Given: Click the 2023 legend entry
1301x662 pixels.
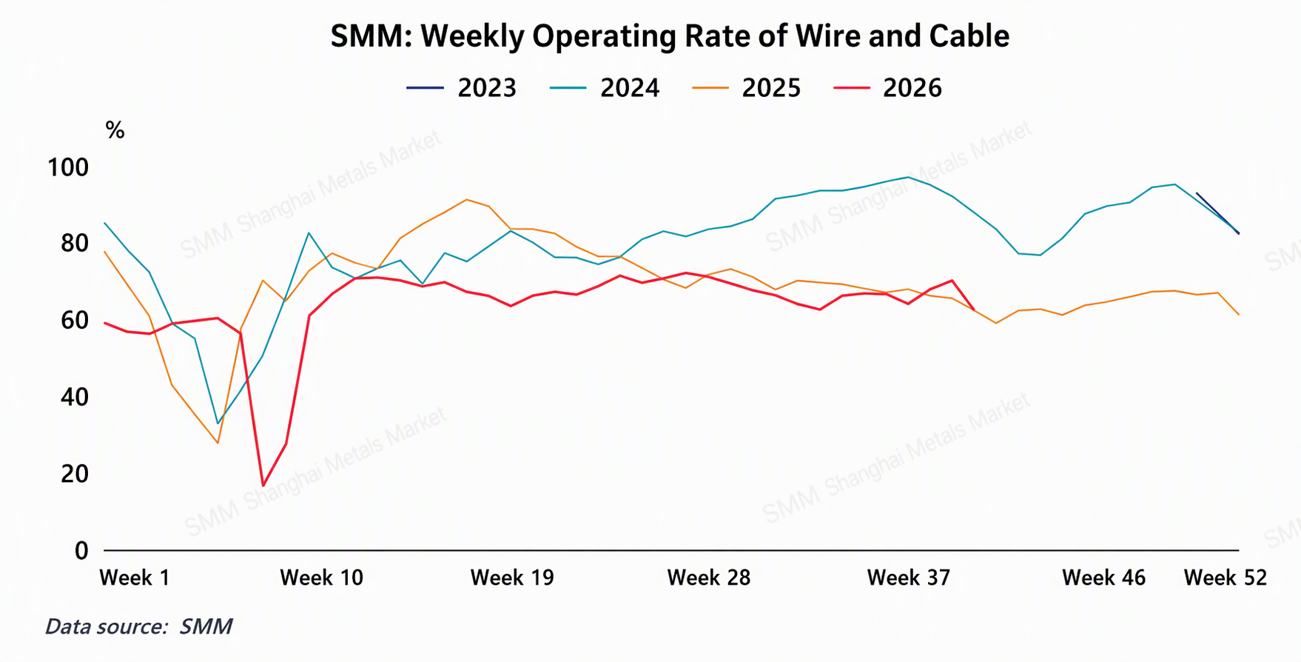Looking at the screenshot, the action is (x=461, y=88).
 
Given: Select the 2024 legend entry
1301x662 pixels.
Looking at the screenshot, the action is (x=604, y=88).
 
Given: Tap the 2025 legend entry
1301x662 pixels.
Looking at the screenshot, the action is (x=746, y=88).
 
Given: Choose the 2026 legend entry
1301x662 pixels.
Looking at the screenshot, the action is (x=887, y=88).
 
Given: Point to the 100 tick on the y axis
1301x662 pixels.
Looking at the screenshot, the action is (x=68, y=167).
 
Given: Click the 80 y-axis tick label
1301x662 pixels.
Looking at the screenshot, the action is (x=75, y=244).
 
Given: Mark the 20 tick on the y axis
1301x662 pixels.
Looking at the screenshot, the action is (x=75, y=473).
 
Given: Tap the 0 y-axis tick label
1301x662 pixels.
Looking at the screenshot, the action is (x=81, y=550).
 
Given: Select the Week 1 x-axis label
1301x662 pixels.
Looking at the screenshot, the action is (x=135, y=578).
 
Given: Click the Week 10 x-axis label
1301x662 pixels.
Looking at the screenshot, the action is (x=322, y=578).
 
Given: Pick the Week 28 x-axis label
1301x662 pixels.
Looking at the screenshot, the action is (x=709, y=578).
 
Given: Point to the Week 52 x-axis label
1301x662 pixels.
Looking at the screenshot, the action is (x=1226, y=578).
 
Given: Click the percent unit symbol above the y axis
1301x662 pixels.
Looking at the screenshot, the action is (x=115, y=130).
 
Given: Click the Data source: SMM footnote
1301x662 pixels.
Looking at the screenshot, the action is (x=139, y=626).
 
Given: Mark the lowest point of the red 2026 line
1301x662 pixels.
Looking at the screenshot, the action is (x=263, y=486).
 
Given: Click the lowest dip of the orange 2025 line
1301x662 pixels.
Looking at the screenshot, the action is (x=218, y=443).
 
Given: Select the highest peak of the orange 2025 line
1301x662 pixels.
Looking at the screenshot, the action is (x=466, y=199).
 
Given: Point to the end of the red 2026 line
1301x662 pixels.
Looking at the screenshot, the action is (x=974, y=310).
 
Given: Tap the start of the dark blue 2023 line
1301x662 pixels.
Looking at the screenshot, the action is (x=1197, y=193).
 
